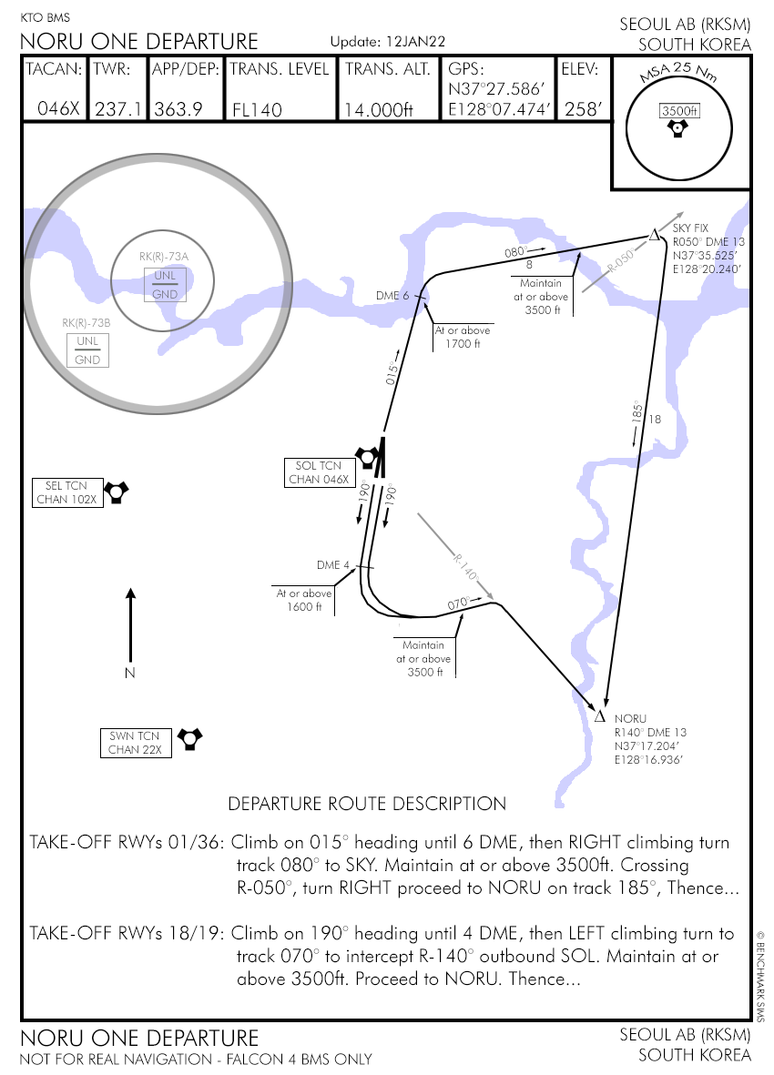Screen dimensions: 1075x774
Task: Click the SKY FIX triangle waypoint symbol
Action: pyautogui.click(x=653, y=236)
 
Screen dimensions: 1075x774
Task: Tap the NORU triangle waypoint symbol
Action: pyautogui.click(x=600, y=717)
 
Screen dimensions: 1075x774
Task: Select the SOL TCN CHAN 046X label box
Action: pyautogui.click(x=319, y=472)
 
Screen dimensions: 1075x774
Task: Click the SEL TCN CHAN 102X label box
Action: pyautogui.click(x=66, y=492)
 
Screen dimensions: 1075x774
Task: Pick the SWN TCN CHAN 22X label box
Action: pyautogui.click(x=135, y=743)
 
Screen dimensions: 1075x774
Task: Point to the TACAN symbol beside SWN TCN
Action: pyautogui.click(x=188, y=737)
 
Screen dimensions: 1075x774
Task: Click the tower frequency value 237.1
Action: pyautogui.click(x=118, y=109)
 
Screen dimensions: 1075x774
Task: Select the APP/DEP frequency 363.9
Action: pyautogui.click(x=178, y=109)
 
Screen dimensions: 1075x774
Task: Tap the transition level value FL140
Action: pyautogui.click(x=257, y=110)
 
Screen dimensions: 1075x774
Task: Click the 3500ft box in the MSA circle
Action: pyautogui.click(x=679, y=111)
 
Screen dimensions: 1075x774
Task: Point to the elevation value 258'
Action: pyautogui.click(x=584, y=109)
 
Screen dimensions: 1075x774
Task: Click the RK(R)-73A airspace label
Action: pyautogui.click(x=164, y=257)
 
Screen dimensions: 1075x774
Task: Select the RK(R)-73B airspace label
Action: pyautogui.click(x=87, y=322)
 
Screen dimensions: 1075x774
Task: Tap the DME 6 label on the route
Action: pyautogui.click(x=393, y=296)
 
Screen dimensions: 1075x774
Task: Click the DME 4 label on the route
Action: pyautogui.click(x=333, y=565)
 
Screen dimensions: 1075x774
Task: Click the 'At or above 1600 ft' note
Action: pyautogui.click(x=304, y=600)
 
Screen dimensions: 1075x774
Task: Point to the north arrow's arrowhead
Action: pyautogui.click(x=130, y=594)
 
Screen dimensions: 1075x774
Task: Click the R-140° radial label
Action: pyautogui.click(x=465, y=567)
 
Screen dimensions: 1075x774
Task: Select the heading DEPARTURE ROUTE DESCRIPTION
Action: pyautogui.click(x=366, y=804)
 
